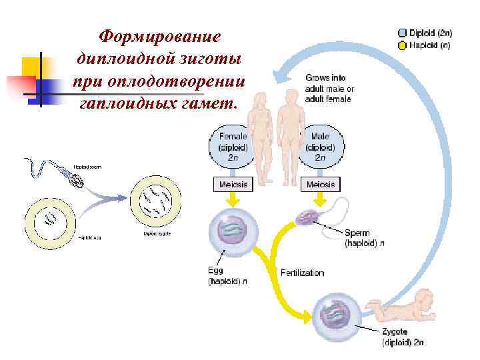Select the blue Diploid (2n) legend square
point(402,32)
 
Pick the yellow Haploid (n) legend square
point(402,46)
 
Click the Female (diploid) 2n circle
point(233,145)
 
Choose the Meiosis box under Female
point(233,184)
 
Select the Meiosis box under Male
point(321,184)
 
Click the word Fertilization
point(302,273)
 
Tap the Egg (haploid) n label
point(227,276)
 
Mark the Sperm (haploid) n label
point(364,238)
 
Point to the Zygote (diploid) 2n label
point(402,337)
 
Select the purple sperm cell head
point(309,217)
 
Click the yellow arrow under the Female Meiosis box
point(233,200)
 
